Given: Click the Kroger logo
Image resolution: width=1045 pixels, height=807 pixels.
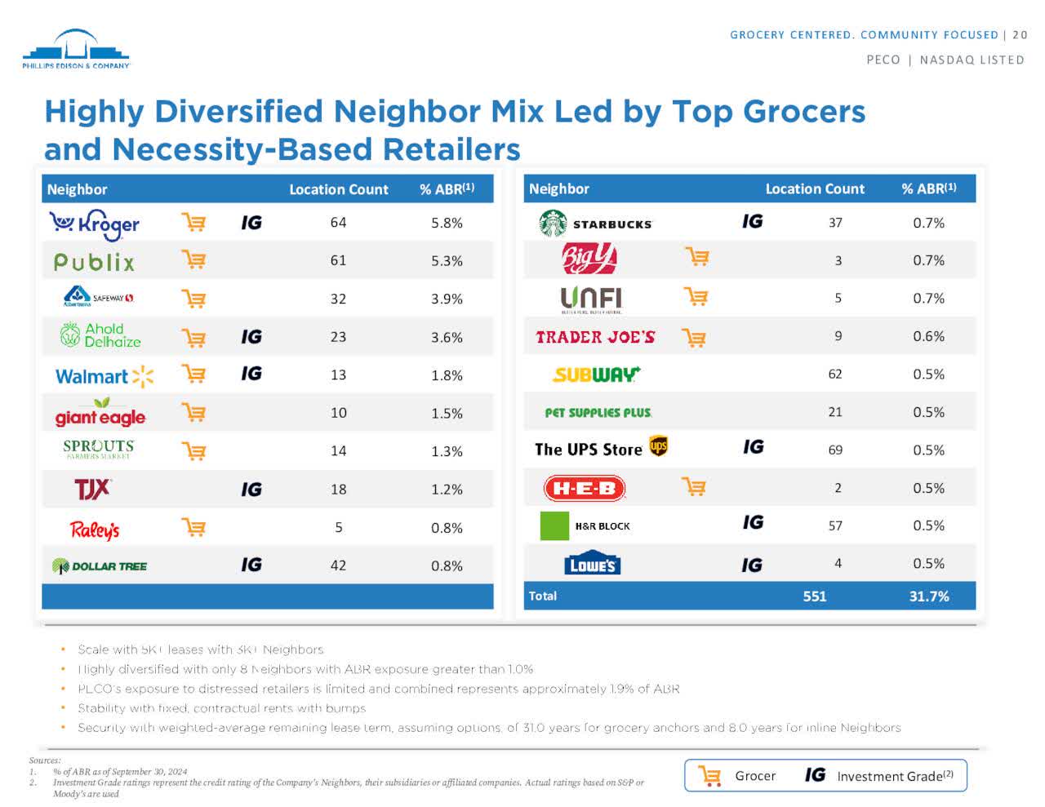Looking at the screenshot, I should pyautogui.click(x=94, y=224).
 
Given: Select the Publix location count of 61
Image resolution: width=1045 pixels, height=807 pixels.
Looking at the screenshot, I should pyautogui.click(x=338, y=260).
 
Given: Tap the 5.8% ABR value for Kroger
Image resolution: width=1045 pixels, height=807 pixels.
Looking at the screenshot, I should pyautogui.click(x=447, y=223).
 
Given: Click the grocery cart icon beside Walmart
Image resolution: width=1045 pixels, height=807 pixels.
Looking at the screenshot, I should pyautogui.click(x=193, y=375).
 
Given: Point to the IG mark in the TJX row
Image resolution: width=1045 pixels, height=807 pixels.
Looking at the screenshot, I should pyautogui.click(x=251, y=489).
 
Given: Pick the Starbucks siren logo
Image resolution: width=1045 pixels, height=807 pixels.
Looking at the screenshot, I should pyautogui.click(x=553, y=223).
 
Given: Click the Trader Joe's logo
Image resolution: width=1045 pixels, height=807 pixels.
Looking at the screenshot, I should pyautogui.click(x=595, y=337).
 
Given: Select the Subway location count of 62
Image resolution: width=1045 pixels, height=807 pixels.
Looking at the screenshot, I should pyautogui.click(x=834, y=374).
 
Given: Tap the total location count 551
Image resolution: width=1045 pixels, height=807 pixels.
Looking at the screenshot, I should pyautogui.click(x=814, y=596).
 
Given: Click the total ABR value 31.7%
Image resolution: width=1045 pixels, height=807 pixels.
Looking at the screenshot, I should pyautogui.click(x=928, y=596).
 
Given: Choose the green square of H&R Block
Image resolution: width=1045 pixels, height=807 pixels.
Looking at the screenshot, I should pyautogui.click(x=554, y=525).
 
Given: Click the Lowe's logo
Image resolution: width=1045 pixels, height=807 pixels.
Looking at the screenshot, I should pyautogui.click(x=592, y=564).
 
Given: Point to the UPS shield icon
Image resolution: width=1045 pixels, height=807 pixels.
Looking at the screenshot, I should pyautogui.click(x=658, y=446).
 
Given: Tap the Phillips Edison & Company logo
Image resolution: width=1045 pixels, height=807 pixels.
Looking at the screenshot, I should pyautogui.click(x=76, y=50).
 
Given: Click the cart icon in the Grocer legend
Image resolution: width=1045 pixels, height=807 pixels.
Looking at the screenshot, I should pyautogui.click(x=710, y=776).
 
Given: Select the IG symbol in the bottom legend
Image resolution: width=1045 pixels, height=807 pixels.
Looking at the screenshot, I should pyautogui.click(x=815, y=775).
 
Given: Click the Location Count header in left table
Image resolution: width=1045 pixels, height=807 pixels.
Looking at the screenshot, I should pyautogui.click(x=338, y=189).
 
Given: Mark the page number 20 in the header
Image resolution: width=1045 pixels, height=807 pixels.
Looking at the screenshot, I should pyautogui.click(x=1020, y=34).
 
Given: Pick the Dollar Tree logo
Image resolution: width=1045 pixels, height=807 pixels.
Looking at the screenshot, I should pyautogui.click(x=100, y=565).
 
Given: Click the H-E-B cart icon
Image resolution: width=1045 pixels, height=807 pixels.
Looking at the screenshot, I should pyautogui.click(x=694, y=487).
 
